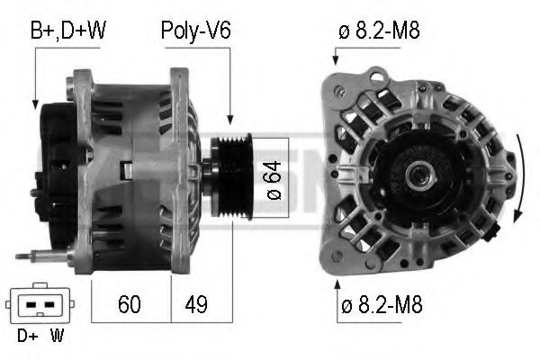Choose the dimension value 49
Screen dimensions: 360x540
click(x=195, y=304)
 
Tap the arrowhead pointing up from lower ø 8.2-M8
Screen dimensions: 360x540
click(x=337, y=285)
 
